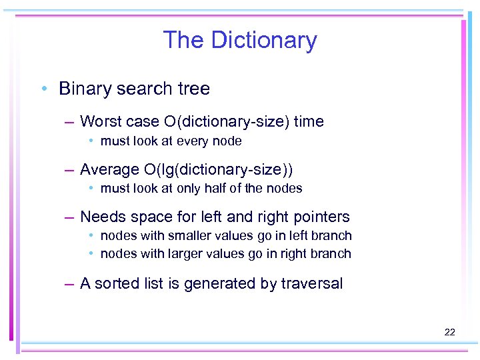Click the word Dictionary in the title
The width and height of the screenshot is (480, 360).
264,40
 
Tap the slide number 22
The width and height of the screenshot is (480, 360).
449,331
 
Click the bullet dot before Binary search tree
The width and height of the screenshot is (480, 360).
43,89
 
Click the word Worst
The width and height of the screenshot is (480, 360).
99,121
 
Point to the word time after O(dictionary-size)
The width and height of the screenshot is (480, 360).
309,121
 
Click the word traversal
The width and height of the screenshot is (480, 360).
311,283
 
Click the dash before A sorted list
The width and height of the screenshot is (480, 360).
69,283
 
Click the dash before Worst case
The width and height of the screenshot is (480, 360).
69,121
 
